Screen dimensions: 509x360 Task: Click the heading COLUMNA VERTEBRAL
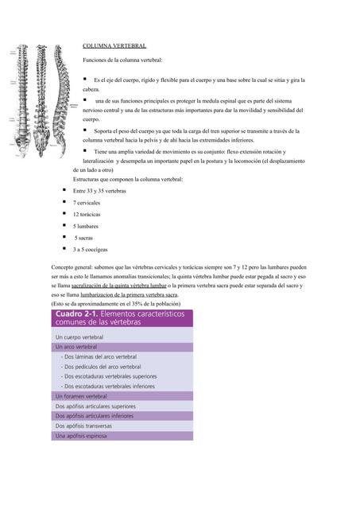114,47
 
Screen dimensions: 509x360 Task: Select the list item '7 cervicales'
91,204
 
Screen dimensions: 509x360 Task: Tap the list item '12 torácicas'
92,215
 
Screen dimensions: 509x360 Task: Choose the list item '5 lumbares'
90,227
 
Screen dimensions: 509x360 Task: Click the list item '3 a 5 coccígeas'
95,250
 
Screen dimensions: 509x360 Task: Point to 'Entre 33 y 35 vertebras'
100,192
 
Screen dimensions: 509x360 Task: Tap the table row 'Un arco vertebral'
83,348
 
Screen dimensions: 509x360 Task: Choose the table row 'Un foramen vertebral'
87,395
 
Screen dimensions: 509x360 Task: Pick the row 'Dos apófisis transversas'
91,425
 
